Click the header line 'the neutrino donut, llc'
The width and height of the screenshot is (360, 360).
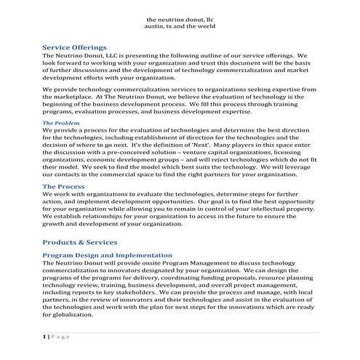click(180, 17)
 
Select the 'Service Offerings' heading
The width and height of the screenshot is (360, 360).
click(80, 46)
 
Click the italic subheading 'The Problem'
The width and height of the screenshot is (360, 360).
click(62, 124)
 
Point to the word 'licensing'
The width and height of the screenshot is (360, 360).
click(301, 154)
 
